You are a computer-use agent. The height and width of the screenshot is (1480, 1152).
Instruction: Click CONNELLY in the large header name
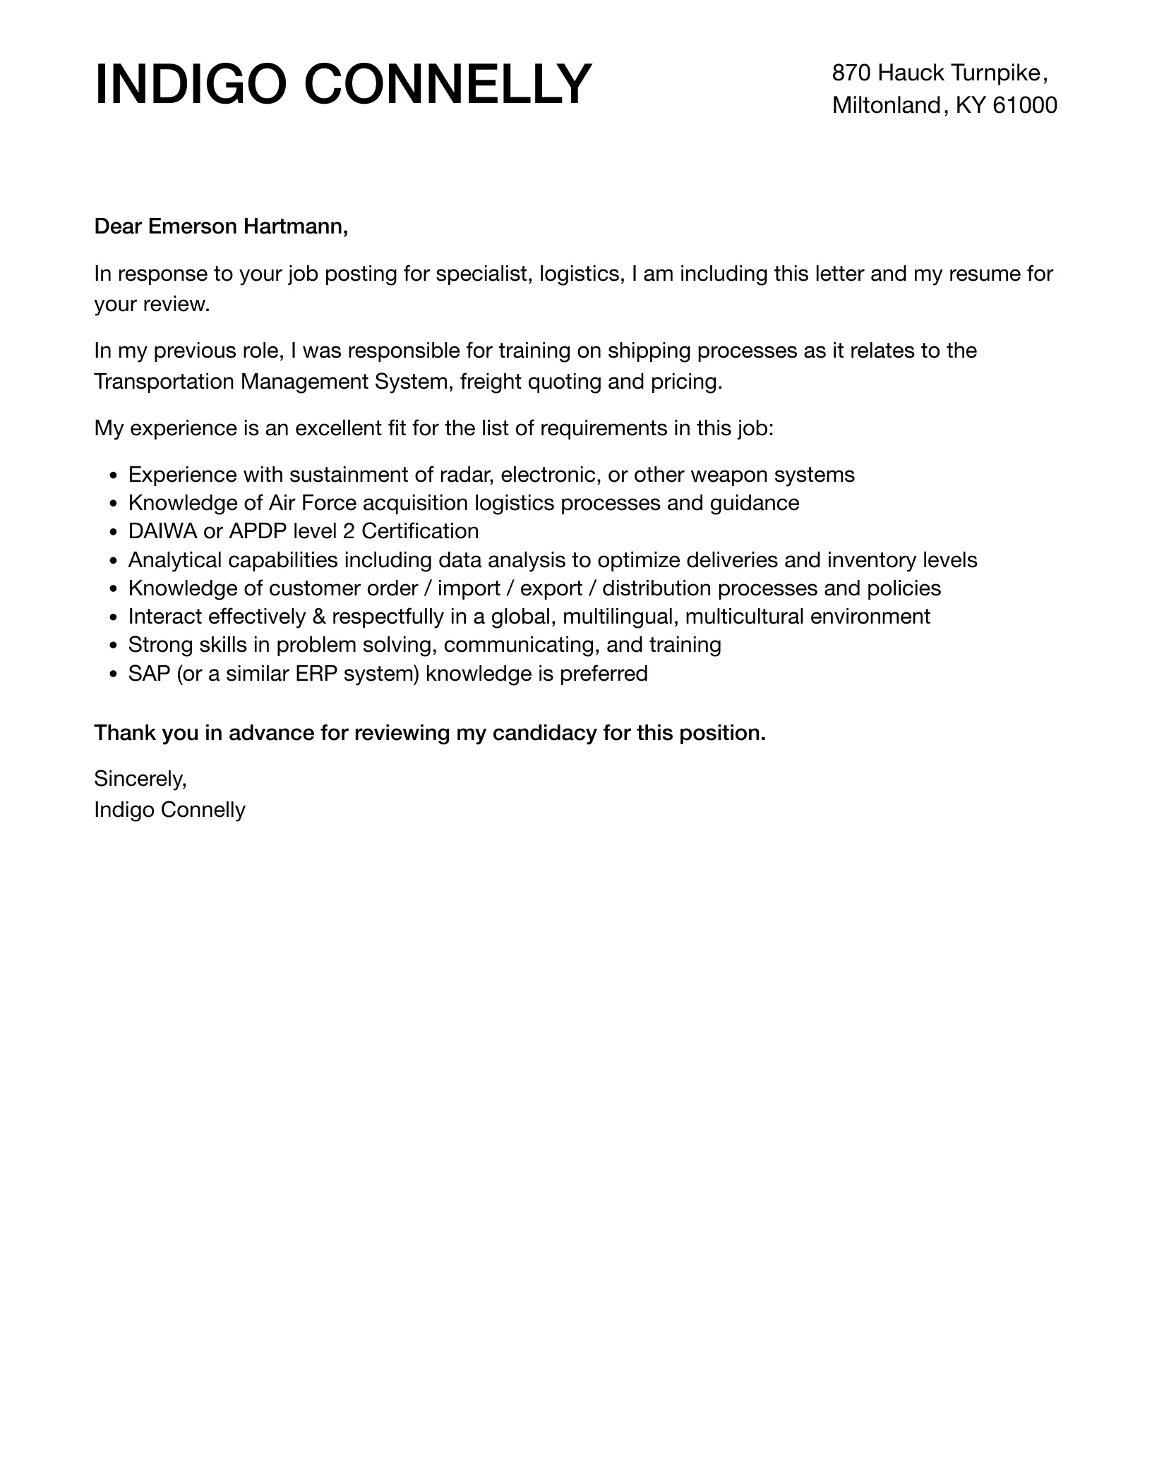coord(448,85)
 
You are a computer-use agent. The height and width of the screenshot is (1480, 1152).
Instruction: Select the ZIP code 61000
coord(1025,105)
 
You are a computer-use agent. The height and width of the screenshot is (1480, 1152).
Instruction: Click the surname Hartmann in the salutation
coord(296,226)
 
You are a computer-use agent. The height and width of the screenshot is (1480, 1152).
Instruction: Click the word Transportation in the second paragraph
coord(164,382)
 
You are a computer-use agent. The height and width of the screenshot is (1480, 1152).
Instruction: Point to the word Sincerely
coord(140,779)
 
